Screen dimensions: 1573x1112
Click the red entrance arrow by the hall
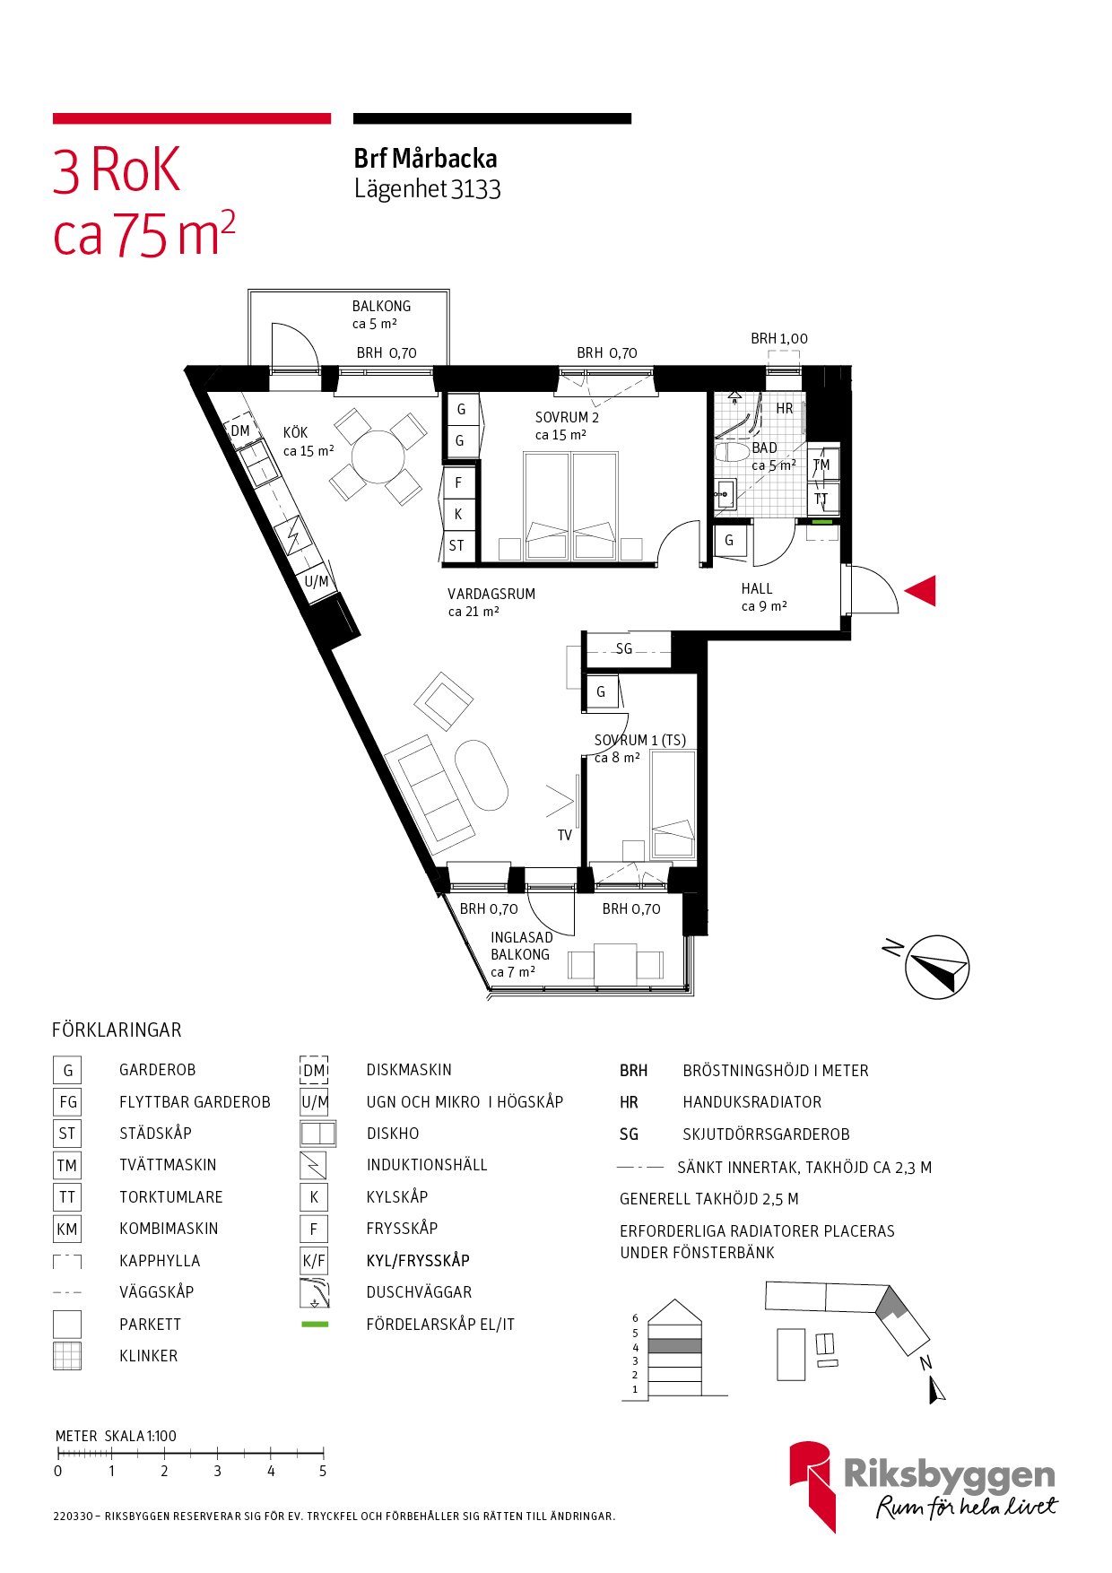click(921, 591)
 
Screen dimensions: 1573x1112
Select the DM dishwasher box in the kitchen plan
click(240, 430)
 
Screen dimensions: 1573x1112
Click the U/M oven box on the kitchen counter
click(317, 581)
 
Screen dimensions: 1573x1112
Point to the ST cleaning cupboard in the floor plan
click(457, 545)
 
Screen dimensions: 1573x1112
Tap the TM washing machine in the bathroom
click(821, 465)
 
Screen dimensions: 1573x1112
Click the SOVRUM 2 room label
click(567, 418)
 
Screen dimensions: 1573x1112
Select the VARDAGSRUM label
click(491, 594)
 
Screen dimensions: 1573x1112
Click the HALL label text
click(757, 589)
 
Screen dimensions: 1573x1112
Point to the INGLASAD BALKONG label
click(521, 946)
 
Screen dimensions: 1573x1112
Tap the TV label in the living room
click(565, 835)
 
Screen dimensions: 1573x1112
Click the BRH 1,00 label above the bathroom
click(778, 339)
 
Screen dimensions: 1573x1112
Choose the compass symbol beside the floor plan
click(936, 968)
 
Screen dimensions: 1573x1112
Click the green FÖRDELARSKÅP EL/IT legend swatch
click(315, 1325)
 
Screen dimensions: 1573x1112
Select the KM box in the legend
click(67, 1230)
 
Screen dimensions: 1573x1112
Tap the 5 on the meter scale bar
click(323, 1471)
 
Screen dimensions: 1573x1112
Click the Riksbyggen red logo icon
click(812, 1484)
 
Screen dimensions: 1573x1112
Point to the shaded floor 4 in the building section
click(674, 1346)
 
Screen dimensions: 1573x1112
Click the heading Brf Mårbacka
click(425, 159)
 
